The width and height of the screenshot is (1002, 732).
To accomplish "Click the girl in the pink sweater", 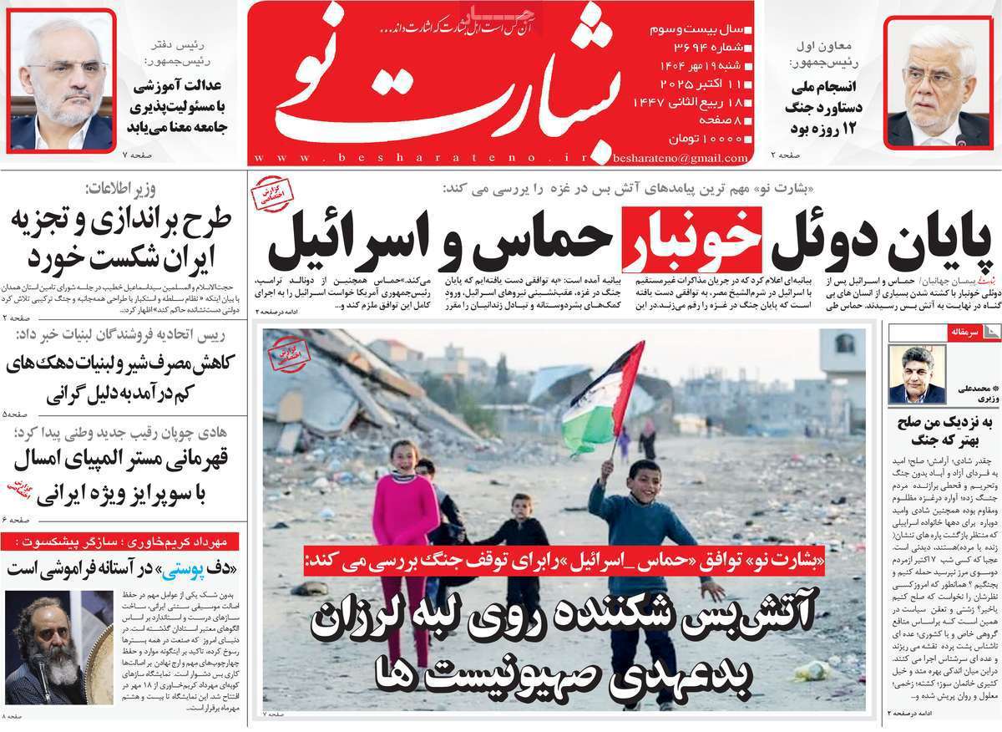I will coord(405,510).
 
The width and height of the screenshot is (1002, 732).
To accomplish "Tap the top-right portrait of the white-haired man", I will coord(938,84).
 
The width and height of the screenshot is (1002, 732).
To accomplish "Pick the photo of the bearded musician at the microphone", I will coord(58,647).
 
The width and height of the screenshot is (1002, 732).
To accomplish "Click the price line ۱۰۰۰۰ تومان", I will coord(700,138).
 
